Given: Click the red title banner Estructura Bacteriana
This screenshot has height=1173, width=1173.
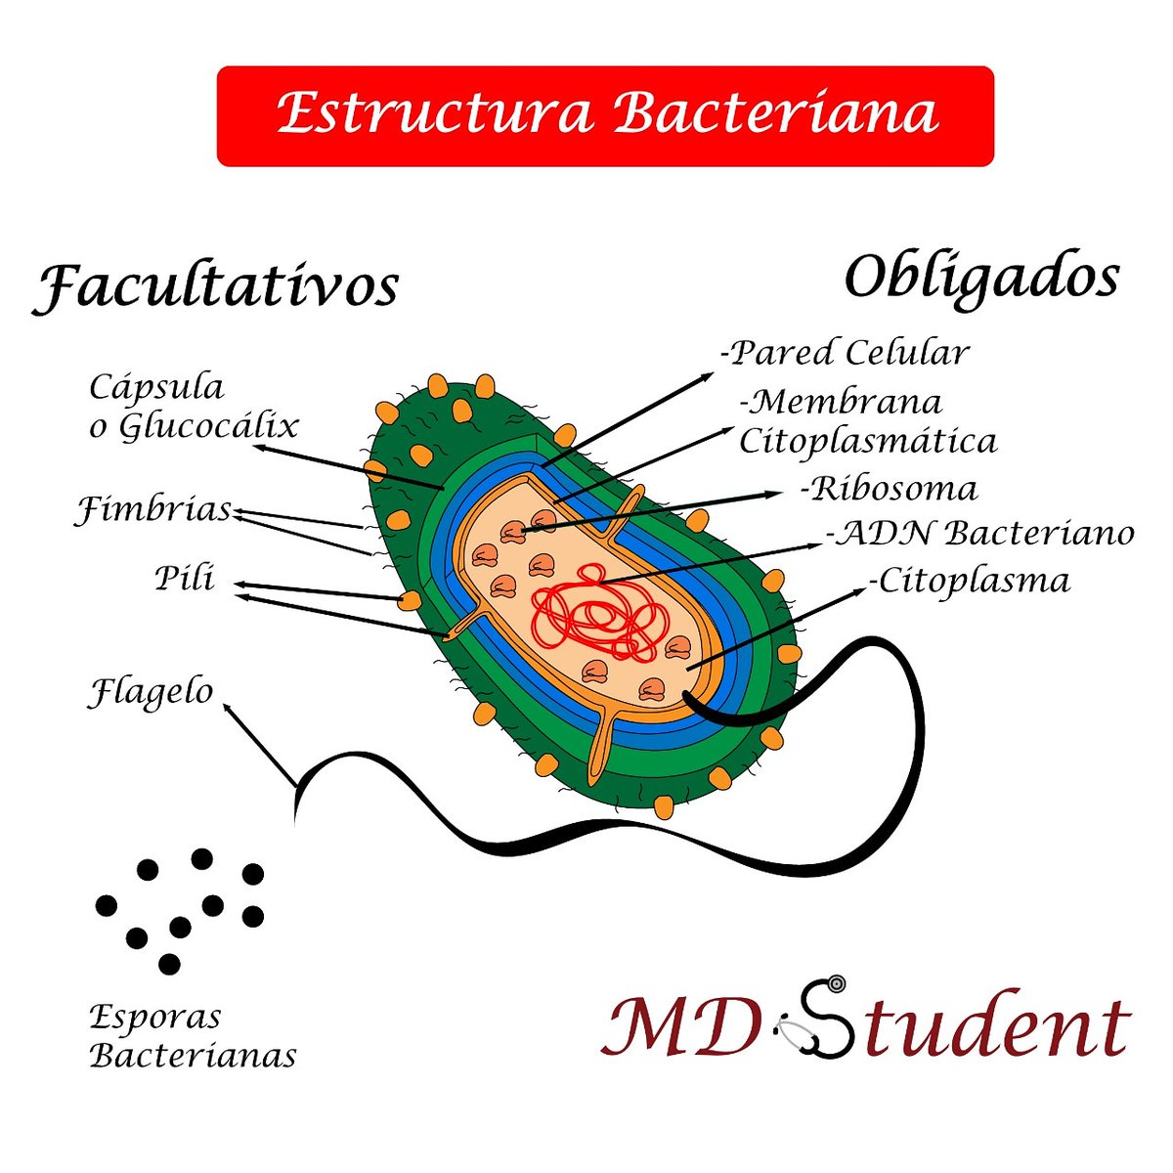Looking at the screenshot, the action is click(x=605, y=115).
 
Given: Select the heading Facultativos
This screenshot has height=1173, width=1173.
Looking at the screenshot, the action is click(x=216, y=286).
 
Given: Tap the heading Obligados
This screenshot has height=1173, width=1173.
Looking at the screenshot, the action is click(x=980, y=278).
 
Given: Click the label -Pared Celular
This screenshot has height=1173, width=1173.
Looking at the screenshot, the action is click(x=846, y=353).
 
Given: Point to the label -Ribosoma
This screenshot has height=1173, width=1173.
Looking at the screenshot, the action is click(x=889, y=488).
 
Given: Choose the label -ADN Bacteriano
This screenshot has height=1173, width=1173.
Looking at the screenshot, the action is click(x=980, y=534).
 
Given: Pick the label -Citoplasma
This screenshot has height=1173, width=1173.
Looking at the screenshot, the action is click(x=971, y=581).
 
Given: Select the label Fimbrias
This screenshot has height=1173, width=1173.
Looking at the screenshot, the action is click(x=154, y=509).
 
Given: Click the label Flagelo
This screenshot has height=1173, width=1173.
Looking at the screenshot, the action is click(x=152, y=692).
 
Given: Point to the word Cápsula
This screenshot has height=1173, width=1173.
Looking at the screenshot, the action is click(x=156, y=387).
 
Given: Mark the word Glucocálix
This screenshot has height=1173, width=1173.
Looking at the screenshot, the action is click(x=208, y=427).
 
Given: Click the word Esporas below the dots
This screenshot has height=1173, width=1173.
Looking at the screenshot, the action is click(x=155, y=1017).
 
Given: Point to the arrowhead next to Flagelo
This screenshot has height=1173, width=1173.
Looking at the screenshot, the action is click(x=229, y=709).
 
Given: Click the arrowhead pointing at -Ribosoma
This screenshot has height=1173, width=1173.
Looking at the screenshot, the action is click(x=777, y=496).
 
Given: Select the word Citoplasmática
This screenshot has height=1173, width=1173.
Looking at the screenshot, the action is click(x=868, y=441).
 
